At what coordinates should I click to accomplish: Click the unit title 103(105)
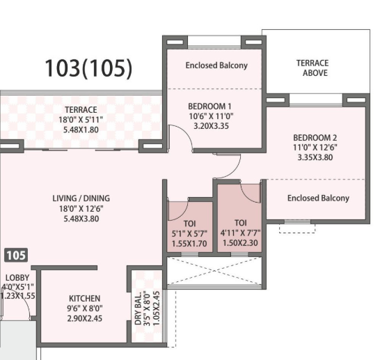tap(88, 68)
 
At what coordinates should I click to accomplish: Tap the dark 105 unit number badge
tap(16, 256)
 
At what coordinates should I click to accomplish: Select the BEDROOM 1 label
tap(209, 106)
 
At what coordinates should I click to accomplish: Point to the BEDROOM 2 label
tap(315, 138)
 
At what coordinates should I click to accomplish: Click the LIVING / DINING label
tap(81, 198)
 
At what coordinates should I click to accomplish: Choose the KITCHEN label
tap(85, 299)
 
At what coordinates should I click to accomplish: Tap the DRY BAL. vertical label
tap(138, 308)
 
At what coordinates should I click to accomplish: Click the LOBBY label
tap(17, 278)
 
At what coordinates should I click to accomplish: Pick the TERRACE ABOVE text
tap(312, 68)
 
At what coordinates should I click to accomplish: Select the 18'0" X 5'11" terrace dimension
tap(81, 120)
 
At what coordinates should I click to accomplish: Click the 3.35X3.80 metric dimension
tap(315, 157)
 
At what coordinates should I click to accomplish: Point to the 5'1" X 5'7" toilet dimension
tap(189, 234)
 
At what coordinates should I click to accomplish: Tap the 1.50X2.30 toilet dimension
tap(240, 243)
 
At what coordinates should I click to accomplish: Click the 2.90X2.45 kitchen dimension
tap(85, 318)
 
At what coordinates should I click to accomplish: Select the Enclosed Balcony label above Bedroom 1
tap(216, 65)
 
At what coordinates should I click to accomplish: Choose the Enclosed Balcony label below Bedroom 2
tap(318, 198)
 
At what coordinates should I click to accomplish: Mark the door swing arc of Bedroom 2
tap(235, 171)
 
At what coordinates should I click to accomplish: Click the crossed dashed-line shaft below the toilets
tap(215, 271)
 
